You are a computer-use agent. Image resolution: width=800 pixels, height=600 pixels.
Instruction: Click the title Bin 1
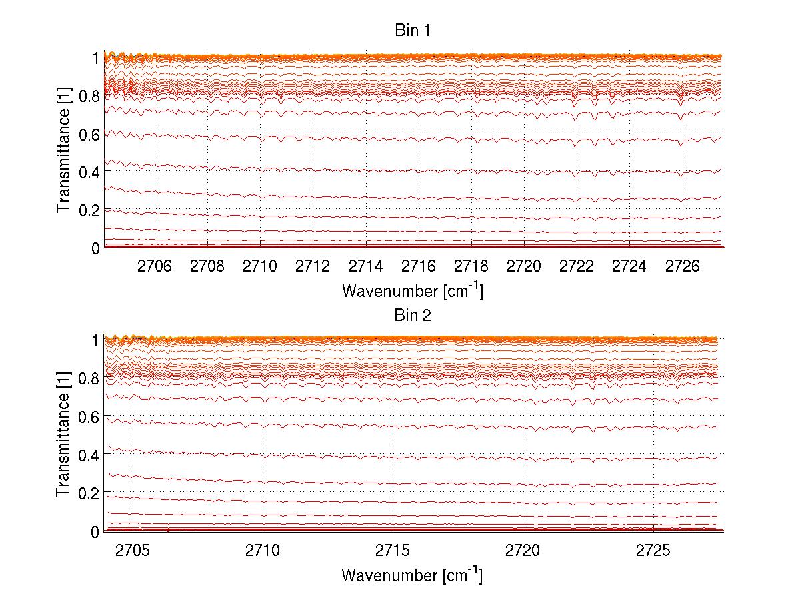(x=411, y=31)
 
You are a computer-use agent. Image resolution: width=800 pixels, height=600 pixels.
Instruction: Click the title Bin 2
(x=411, y=315)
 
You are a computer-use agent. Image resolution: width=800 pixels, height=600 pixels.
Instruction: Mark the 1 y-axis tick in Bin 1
(x=95, y=58)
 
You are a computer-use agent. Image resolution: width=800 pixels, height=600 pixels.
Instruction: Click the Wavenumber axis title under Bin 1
(x=411, y=290)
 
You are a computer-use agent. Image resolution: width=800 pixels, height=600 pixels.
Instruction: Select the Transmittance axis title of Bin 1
(x=63, y=152)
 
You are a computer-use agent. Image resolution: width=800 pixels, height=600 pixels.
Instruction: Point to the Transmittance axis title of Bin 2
(x=63, y=436)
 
